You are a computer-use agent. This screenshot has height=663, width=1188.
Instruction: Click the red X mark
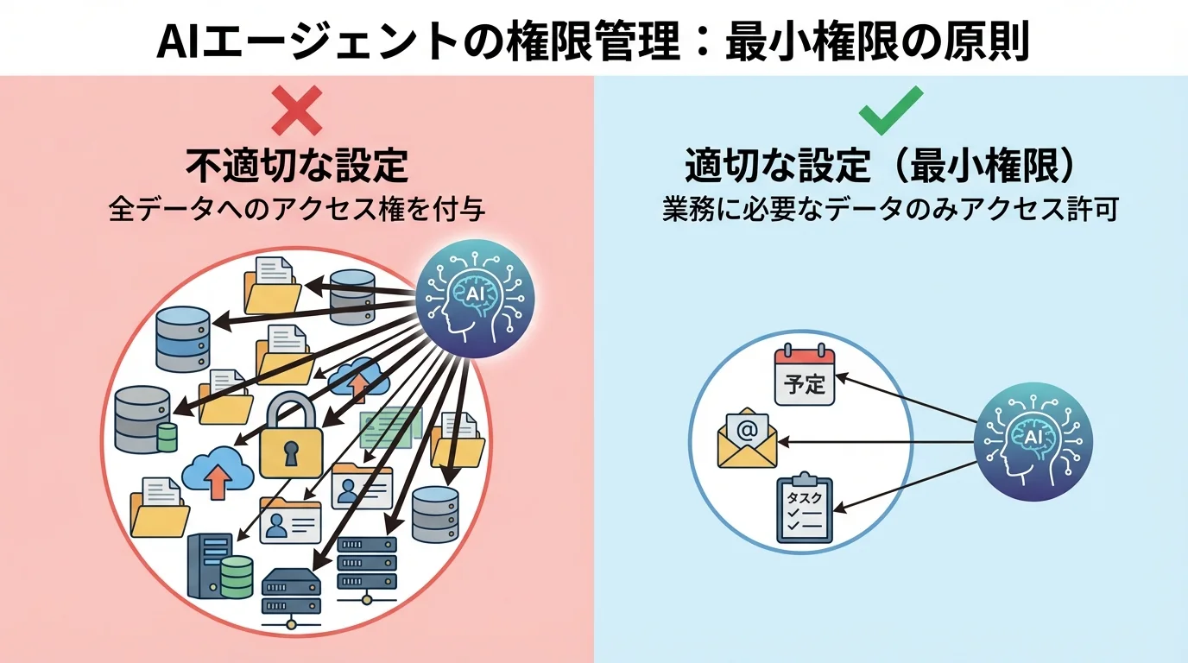(296, 110)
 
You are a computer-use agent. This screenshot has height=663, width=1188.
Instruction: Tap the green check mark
(890, 110)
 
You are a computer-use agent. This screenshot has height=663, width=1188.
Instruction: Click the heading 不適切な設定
(296, 166)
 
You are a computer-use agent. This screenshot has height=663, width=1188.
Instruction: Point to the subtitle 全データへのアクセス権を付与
(296, 210)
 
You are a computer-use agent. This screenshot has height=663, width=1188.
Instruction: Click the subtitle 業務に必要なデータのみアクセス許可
(890, 210)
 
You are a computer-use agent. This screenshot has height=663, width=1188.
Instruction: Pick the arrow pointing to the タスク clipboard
(907, 483)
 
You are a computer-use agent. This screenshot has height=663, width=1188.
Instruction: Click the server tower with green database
(220, 565)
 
